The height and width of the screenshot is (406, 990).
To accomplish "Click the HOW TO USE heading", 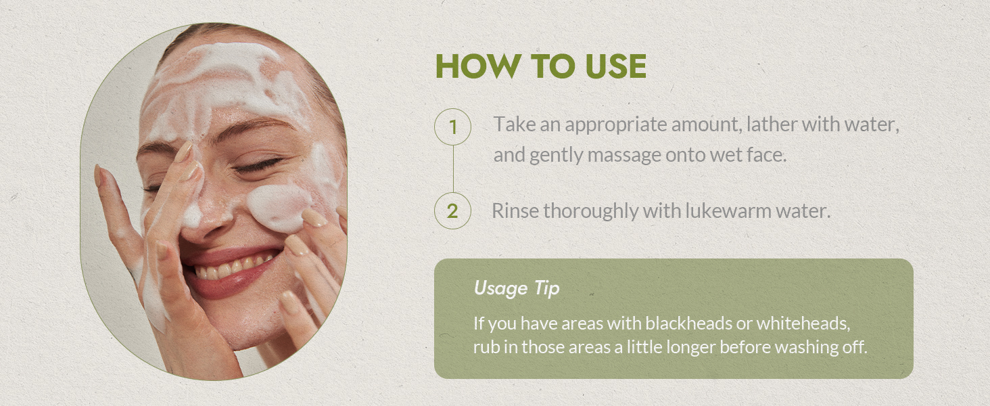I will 540,66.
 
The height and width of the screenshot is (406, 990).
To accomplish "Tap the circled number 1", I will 452,127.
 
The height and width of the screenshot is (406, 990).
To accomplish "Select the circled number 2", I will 452,211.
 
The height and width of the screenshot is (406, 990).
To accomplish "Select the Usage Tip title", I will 517,288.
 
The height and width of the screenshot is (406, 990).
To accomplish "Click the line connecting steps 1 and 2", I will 452,169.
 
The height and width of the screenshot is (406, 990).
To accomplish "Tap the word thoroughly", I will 592,211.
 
